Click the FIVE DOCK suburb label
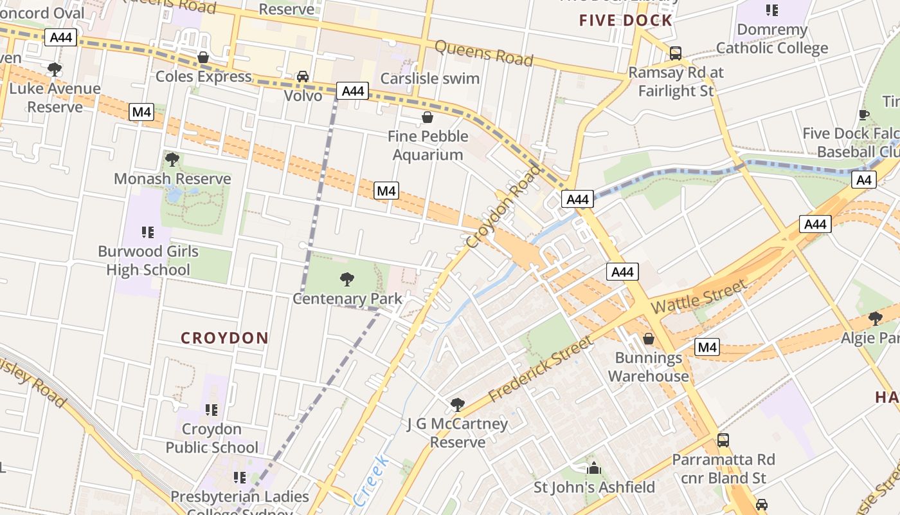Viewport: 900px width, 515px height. [625, 20]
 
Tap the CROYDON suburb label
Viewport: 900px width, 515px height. [224, 338]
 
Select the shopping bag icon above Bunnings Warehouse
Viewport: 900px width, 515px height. [649, 339]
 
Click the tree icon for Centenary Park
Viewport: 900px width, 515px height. [347, 279]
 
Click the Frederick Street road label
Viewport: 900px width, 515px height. [540, 369]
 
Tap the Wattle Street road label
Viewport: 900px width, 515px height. [699, 296]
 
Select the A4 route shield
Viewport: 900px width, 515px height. [863, 180]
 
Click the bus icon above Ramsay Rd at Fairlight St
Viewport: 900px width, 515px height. [676, 53]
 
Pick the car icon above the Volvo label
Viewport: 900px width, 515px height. [303, 77]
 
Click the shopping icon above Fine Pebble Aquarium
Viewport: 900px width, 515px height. [427, 117]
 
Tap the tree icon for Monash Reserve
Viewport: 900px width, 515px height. [172, 159]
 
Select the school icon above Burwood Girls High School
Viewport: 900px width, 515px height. [148, 232]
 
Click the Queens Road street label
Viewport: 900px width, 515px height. [484, 53]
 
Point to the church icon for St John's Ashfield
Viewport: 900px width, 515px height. [594, 468]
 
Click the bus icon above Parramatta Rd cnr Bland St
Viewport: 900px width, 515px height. [723, 440]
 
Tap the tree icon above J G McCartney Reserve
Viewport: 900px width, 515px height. [457, 405]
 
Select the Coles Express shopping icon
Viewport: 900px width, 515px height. [203, 57]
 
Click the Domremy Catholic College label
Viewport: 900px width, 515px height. [771, 39]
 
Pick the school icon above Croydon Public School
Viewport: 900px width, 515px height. [212, 409]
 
